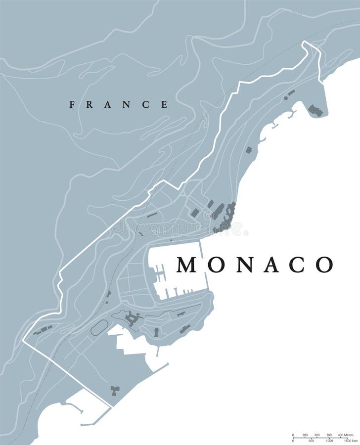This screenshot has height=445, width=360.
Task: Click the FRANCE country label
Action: pyautogui.click(x=119, y=104)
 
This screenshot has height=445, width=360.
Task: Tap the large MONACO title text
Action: pyautogui.click(x=255, y=265)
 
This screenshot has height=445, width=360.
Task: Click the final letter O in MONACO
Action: pyautogui.click(x=324, y=265)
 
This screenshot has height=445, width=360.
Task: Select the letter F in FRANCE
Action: pyautogui.click(x=72, y=104)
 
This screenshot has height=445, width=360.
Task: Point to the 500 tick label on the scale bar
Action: pyautogui.click(x=311, y=440)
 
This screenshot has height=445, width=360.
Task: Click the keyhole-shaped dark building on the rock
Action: pyautogui.click(x=156, y=332)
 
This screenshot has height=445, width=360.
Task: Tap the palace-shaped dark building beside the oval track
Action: pyautogui.click(x=132, y=319)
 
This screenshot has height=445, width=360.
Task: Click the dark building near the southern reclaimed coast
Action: pyautogui.click(x=115, y=391)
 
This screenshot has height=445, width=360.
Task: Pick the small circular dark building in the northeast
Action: pyautogui.click(x=286, y=98)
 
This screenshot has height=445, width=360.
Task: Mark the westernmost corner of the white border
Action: pyautogui.click(x=23, y=341)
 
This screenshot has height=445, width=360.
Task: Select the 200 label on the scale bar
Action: pyautogui.click(x=317, y=434)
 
